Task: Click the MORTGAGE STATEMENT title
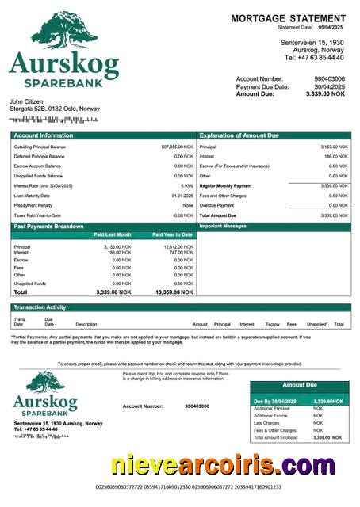288,18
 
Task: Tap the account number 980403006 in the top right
329,79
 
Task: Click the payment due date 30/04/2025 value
329,86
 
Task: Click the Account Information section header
43,135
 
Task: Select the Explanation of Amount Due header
239,135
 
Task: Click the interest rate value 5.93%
187,185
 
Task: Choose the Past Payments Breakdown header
48,227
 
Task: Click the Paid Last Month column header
113,235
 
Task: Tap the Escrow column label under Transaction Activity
272,324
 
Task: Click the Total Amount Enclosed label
276,437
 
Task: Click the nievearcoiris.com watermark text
222,466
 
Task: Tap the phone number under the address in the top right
314,57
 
